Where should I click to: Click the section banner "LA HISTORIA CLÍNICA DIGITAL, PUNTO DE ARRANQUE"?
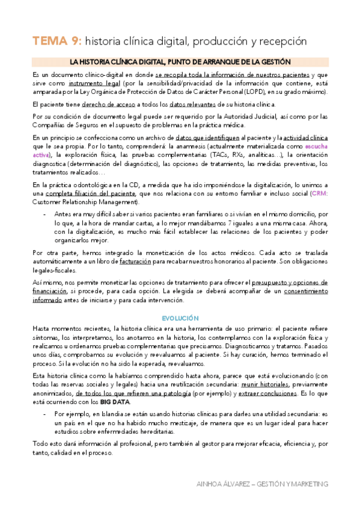pyautogui.click(x=180, y=62)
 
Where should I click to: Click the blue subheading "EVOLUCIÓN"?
pyautogui.click(x=180, y=318)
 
